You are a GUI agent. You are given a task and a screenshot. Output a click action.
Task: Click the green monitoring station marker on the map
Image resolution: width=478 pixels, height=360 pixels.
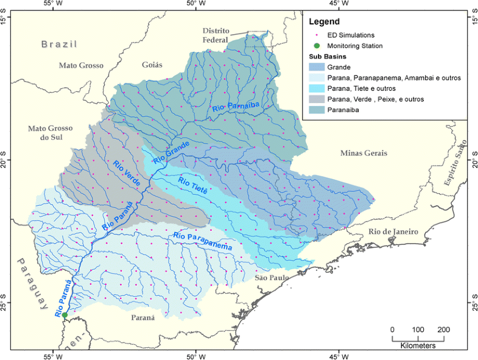65,315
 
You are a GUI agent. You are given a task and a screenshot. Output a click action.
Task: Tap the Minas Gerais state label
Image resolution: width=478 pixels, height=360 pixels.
364,153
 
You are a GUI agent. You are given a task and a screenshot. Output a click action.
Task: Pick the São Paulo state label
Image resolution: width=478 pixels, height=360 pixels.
270,277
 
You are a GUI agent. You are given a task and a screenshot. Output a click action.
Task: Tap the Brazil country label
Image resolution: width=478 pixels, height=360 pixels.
60,44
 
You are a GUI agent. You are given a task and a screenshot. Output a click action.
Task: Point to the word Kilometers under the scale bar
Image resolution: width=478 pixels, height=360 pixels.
418,345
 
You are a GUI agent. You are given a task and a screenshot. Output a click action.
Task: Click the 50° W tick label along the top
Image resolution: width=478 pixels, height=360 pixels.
195,4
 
